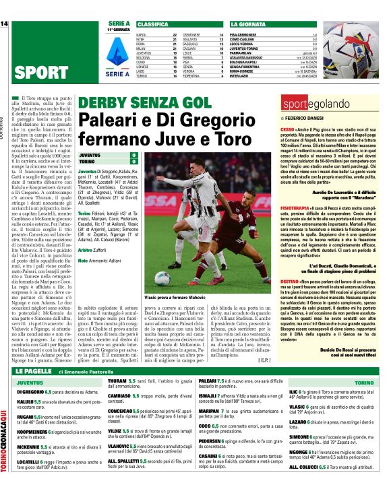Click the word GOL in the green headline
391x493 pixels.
189,104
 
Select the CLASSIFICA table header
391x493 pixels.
152,24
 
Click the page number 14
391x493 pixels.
5,24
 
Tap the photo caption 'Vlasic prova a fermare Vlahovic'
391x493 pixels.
183,298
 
